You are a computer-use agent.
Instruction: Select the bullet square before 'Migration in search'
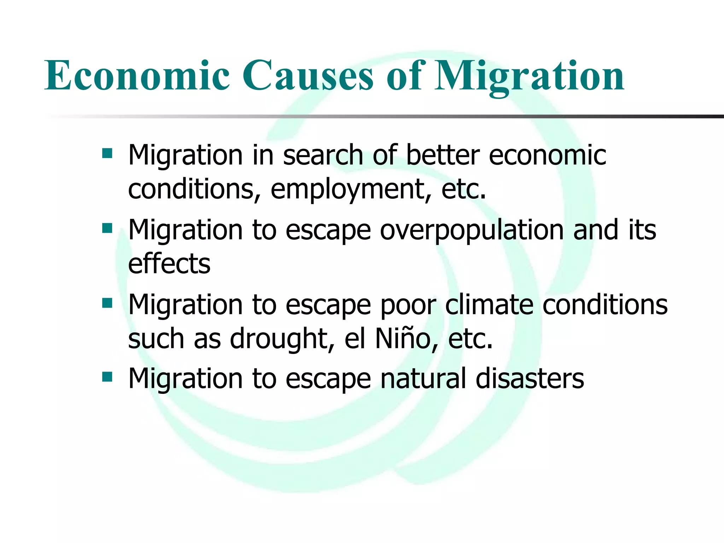(x=107, y=153)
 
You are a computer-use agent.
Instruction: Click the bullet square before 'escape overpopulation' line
(x=107, y=228)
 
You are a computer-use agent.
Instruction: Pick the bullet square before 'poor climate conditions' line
(x=107, y=303)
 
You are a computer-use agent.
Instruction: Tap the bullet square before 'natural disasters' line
(x=107, y=377)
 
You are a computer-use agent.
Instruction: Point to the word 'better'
(x=443, y=156)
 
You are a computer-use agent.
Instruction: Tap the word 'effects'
(x=169, y=264)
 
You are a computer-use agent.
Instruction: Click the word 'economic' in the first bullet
(x=548, y=156)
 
